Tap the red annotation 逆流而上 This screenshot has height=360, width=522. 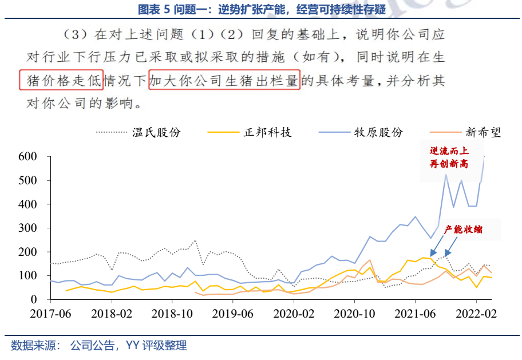(x=449, y=151)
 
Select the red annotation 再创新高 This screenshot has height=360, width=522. (x=449, y=164)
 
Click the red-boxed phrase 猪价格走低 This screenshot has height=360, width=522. (x=62, y=81)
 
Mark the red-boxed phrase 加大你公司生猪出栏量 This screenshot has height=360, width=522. (x=224, y=81)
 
